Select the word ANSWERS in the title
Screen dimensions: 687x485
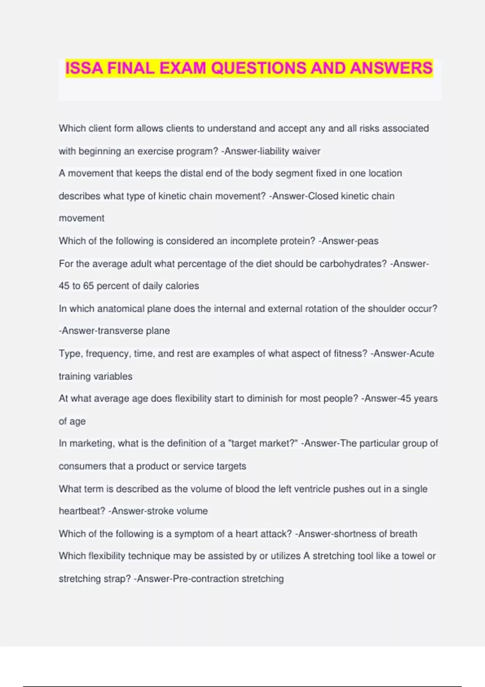tap(391, 68)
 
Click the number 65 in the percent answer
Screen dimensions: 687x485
tap(89, 286)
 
